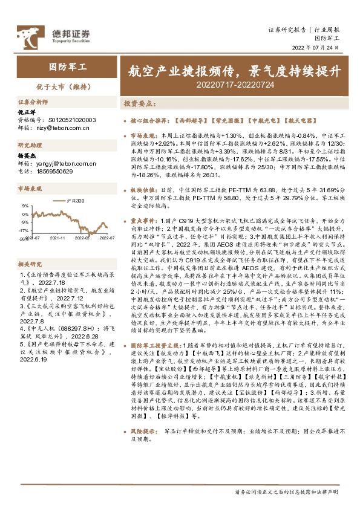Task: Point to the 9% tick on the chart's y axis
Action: tap(25, 206)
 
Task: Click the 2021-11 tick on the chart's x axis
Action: tap(58, 239)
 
